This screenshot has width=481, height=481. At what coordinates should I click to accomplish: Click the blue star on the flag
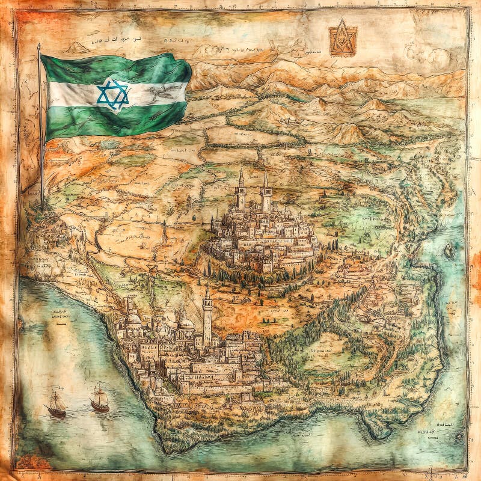click(x=113, y=94)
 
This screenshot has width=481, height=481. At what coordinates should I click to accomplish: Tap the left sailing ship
click(x=56, y=405)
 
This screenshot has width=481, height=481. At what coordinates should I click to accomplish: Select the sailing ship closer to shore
click(x=100, y=399)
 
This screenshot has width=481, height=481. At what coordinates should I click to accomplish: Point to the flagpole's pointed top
click(x=39, y=46)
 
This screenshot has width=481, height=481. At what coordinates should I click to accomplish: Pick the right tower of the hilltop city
click(x=266, y=192)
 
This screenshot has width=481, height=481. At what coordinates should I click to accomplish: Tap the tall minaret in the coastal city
click(x=207, y=316)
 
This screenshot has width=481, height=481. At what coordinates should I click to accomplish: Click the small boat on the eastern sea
click(x=449, y=251)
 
